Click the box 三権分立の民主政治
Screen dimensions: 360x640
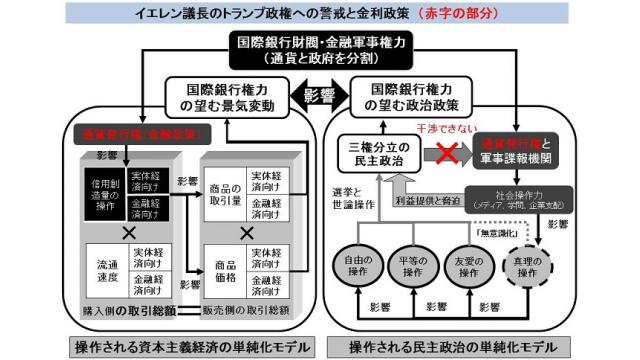pyautogui.click(x=381, y=155)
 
